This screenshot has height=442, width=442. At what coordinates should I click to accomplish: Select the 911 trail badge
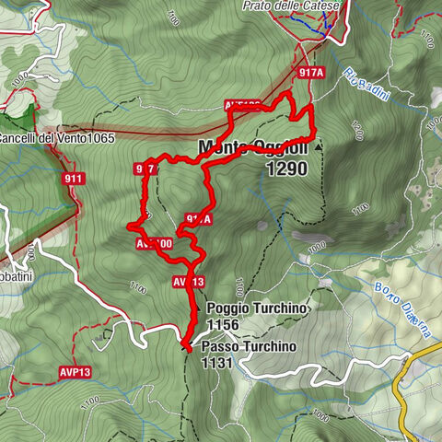point(74,178)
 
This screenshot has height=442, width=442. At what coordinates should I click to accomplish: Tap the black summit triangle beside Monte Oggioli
point(318,146)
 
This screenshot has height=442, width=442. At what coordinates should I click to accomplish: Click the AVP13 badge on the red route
point(187,282)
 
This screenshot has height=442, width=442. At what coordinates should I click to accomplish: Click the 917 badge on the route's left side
point(145,169)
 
